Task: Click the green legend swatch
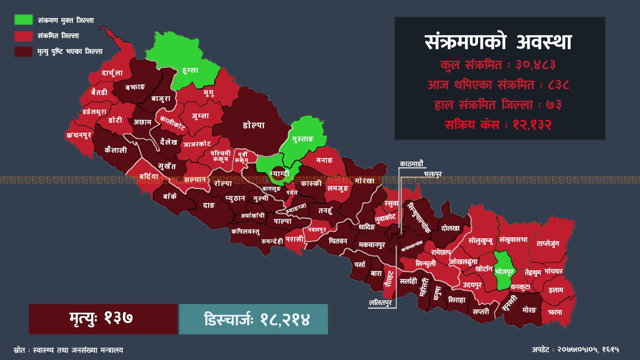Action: (23, 20)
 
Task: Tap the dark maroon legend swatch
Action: (23, 51)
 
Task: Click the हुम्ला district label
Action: (190, 70)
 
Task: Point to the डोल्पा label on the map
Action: (253, 125)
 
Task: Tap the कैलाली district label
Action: (116, 150)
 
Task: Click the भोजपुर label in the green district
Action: (504, 272)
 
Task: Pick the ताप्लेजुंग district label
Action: (548, 244)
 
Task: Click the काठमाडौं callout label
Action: (411, 164)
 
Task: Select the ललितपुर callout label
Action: (380, 303)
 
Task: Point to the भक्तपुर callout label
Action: (433, 174)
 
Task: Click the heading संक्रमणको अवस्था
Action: (499, 42)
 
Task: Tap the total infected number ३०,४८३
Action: (536, 65)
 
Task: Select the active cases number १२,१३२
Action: (533, 125)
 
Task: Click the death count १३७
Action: (119, 319)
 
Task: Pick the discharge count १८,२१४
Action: (285, 319)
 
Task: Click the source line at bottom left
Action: (68, 350)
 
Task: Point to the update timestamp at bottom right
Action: (575, 350)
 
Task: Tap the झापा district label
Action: (555, 312)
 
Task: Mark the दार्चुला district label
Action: (112, 73)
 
